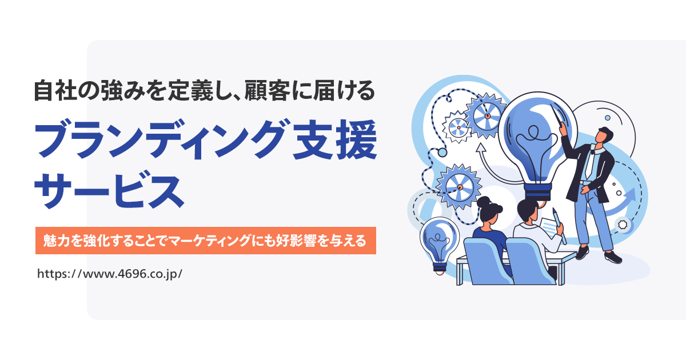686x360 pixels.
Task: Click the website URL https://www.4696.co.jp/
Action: (109, 273)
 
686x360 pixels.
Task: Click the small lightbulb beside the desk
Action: (439, 243)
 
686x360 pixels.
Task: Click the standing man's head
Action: (604, 136)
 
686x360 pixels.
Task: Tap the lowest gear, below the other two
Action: (458, 185)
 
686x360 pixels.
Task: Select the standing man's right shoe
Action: (612, 257)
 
